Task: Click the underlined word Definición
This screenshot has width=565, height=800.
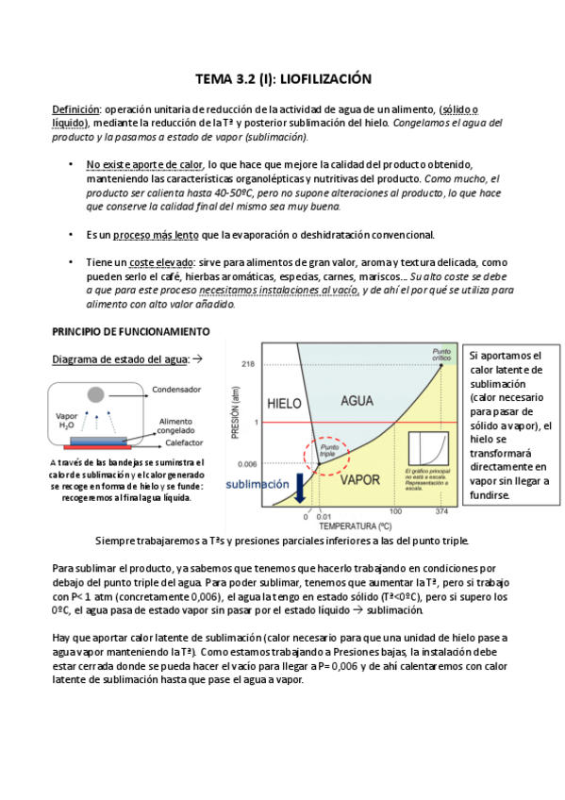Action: tap(75, 108)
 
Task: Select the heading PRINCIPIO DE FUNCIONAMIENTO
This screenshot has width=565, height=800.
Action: tap(130, 332)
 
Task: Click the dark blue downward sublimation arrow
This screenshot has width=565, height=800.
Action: tap(299, 487)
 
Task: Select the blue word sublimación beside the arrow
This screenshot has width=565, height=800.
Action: tap(257, 484)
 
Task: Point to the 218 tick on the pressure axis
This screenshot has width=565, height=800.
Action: tap(248, 363)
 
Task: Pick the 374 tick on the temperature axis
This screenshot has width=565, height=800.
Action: tap(443, 512)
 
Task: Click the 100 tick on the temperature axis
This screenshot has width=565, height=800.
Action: tap(395, 512)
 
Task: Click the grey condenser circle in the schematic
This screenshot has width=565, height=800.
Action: tap(95, 392)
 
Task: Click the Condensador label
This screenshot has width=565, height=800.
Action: tap(178, 389)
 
